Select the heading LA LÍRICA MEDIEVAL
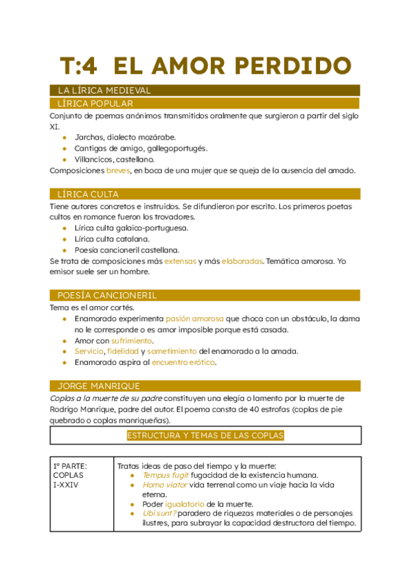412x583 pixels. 104,90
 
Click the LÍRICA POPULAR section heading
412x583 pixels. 95,103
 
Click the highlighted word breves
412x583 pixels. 118,170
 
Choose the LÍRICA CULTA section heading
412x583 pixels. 89,194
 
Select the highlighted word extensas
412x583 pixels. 180,261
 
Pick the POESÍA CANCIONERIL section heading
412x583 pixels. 107,295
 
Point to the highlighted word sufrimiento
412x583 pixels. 133,340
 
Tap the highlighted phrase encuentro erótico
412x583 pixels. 183,362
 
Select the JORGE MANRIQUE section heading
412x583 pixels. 99,386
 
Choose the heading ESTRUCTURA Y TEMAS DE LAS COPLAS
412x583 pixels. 205,435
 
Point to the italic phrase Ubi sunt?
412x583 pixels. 160,513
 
